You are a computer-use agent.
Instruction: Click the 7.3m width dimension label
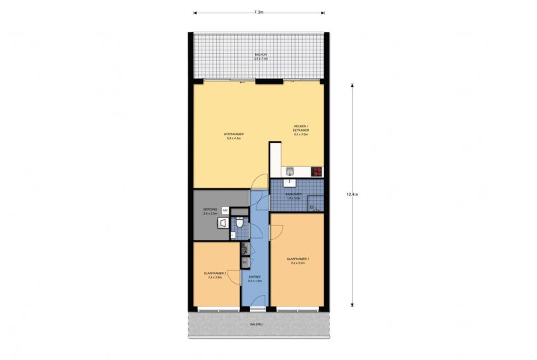[x=259, y=12]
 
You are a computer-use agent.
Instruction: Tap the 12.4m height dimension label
[x=352, y=194]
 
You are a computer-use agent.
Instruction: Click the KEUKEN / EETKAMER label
[x=301, y=129]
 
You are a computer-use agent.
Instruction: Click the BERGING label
[x=209, y=211]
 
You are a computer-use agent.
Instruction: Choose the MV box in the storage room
[x=225, y=210]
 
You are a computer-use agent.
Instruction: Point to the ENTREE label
[x=255, y=278]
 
